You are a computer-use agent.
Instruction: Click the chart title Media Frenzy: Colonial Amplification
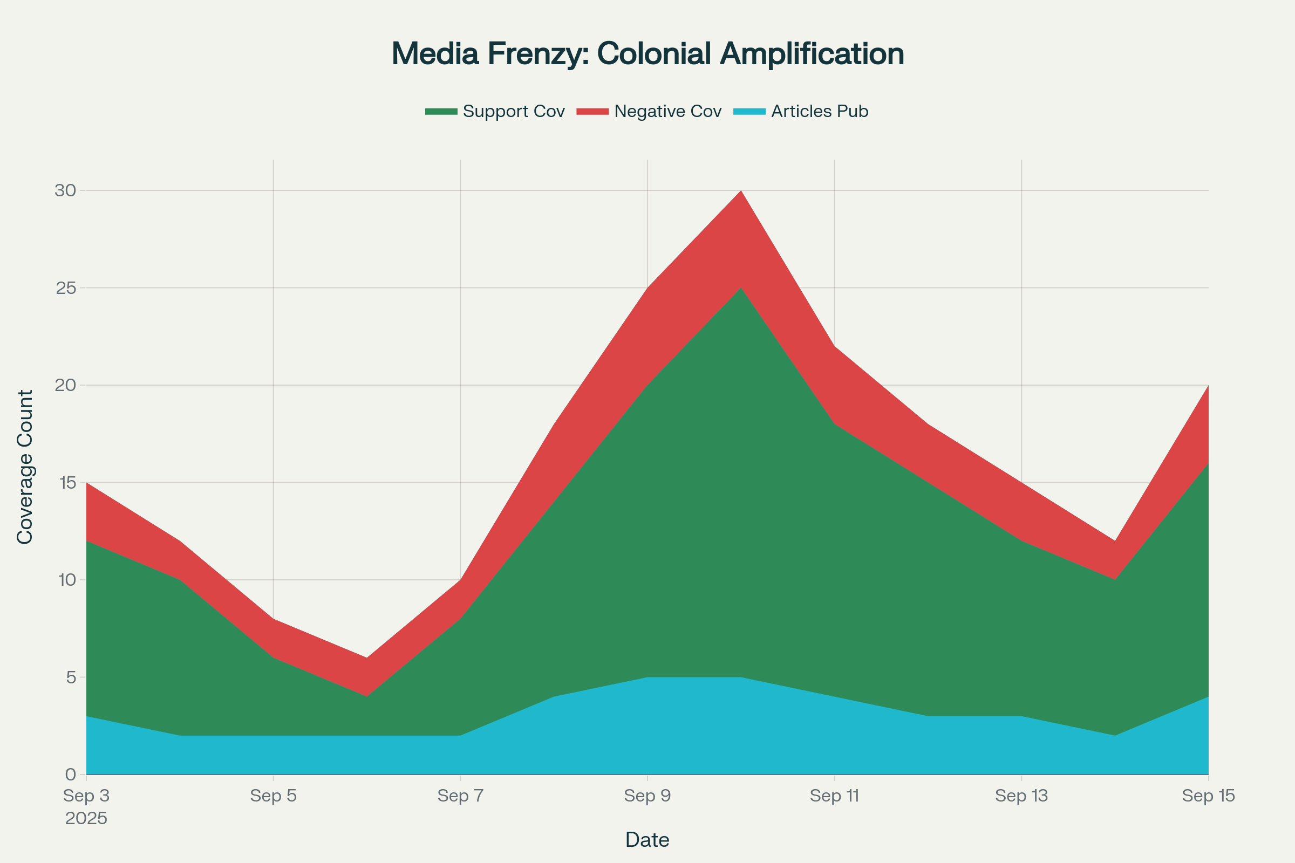coord(647,54)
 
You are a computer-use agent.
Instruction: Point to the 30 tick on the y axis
coord(65,190)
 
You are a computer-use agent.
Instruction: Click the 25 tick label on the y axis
coord(65,288)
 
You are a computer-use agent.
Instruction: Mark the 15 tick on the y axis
coord(65,483)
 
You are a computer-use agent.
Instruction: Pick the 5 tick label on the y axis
coord(71,677)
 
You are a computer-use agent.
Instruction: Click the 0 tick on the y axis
coord(71,775)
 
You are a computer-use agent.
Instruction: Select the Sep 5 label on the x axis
coord(273,796)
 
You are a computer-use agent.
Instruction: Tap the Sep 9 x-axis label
coord(647,796)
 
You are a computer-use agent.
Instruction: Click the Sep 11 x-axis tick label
coord(834,796)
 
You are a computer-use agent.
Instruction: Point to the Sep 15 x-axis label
coord(1208,796)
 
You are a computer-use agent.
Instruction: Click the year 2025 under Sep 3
coord(86,818)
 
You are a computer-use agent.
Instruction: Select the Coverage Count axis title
coord(25,467)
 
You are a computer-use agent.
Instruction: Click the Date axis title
coord(647,840)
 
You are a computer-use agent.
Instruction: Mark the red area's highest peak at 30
coord(741,191)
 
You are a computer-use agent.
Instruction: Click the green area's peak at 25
coord(741,289)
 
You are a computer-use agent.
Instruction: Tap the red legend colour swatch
coord(592,112)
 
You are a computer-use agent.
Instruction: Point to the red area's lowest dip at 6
coord(367,659)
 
